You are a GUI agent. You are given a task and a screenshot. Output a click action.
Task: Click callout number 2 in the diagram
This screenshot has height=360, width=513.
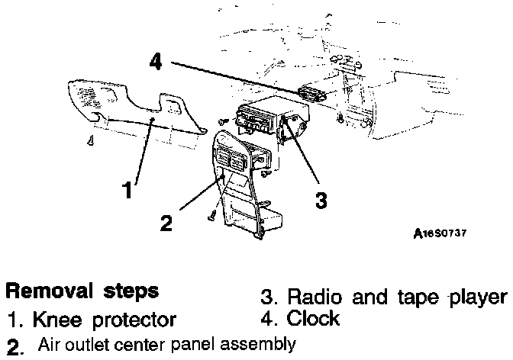[x=166, y=223]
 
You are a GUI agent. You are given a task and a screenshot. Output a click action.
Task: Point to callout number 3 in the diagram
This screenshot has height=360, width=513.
[x=321, y=201]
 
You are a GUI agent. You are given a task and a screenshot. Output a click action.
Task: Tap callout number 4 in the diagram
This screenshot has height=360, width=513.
[x=155, y=62]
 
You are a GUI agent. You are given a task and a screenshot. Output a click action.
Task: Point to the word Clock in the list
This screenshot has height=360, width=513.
[x=313, y=317]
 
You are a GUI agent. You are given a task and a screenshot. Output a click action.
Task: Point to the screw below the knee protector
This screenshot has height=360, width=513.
[x=90, y=140]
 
